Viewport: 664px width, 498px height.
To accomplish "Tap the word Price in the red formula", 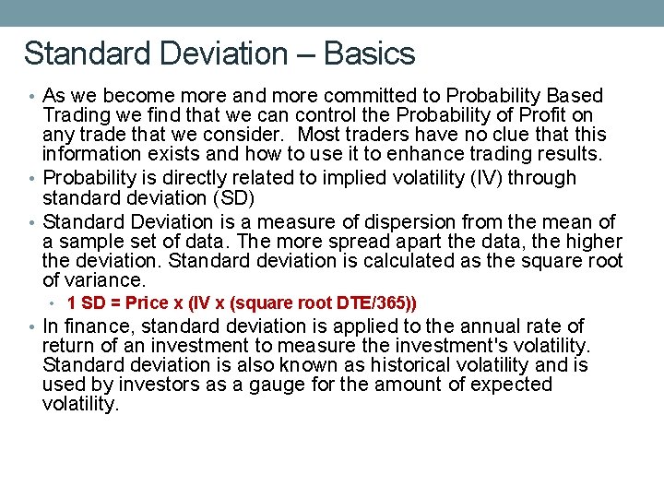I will pyautogui.click(x=148, y=302).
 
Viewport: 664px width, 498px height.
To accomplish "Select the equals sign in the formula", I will pyautogui.click(x=115, y=302).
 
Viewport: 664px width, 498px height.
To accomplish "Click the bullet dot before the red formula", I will pyautogui.click(x=56, y=303).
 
